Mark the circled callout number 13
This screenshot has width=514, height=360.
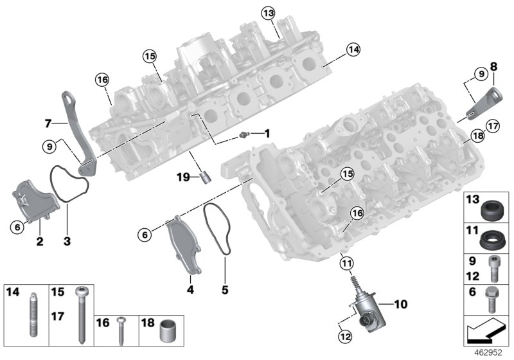[267, 12]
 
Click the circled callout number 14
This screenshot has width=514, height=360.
[353, 48]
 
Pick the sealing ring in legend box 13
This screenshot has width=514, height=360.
[492, 209]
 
